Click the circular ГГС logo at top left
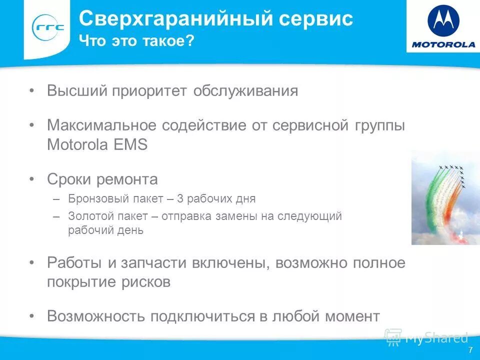coord(48,28)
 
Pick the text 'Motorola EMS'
coord(97,145)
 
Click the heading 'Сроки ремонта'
coord(102,179)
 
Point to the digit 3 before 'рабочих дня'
coord(180,199)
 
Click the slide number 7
coord(470,350)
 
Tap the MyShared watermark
coord(427,337)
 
